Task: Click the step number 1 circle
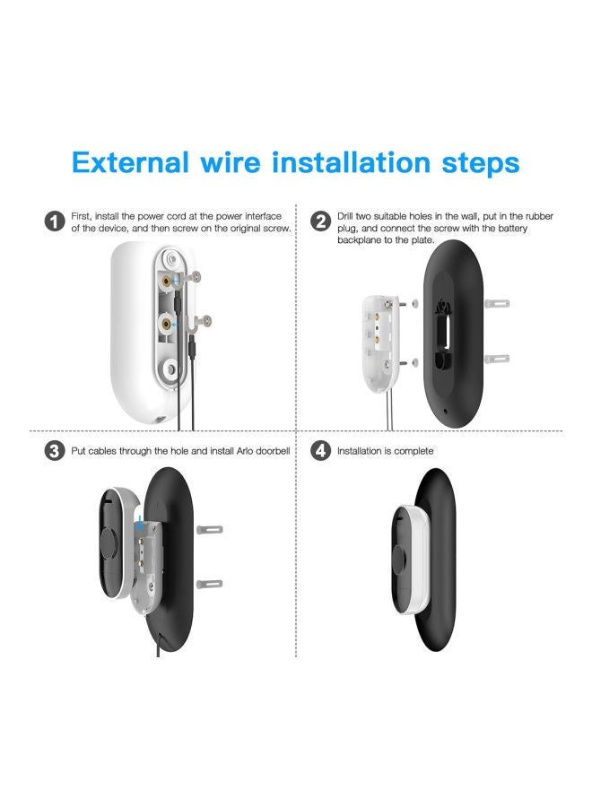tap(56, 221)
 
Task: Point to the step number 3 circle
tap(56, 451)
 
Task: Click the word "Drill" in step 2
tap(349, 216)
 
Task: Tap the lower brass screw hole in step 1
tap(167, 321)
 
